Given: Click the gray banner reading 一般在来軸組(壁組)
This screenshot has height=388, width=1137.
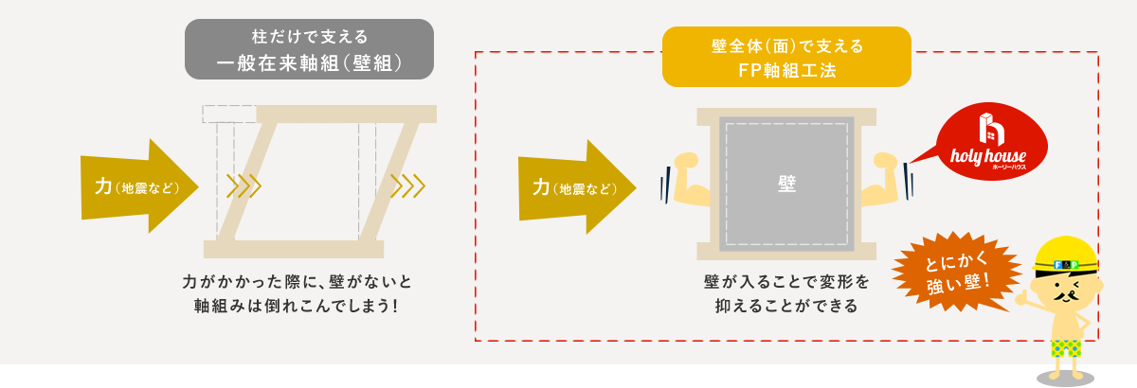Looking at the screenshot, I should (x=309, y=49).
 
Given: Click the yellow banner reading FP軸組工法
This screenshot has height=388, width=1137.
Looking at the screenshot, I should (x=786, y=57).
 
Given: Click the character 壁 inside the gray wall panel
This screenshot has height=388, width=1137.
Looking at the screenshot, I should (x=786, y=185).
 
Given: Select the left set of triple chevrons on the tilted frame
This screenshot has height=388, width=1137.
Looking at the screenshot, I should (x=244, y=185).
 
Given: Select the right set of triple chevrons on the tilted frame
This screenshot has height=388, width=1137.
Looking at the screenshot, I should (x=407, y=185).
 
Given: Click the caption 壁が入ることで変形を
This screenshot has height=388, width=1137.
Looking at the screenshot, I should (x=786, y=282).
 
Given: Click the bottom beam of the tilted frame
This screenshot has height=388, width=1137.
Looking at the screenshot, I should (x=294, y=249).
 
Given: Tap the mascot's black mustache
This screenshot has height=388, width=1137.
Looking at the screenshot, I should (x=1068, y=294).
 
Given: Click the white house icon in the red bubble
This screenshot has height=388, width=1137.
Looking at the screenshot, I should (x=991, y=132).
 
